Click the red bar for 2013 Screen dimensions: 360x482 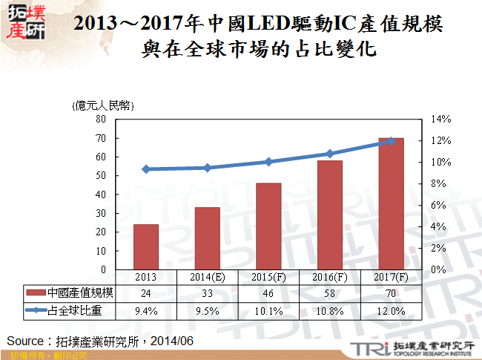(146, 246)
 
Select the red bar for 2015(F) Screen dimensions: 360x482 (268, 226)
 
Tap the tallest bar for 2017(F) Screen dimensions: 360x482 (391, 203)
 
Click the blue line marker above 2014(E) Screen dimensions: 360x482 (208, 168)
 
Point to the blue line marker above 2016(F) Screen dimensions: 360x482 (330, 154)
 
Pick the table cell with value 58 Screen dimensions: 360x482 (330, 294)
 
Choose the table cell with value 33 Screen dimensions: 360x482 (208, 294)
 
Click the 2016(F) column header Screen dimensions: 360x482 (330, 277)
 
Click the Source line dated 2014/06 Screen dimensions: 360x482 (99, 341)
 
